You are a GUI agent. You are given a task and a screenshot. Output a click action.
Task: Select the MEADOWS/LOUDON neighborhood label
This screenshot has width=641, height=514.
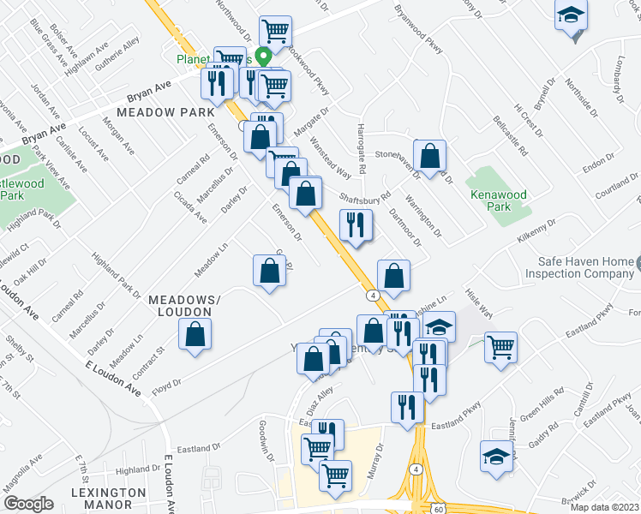(184, 306)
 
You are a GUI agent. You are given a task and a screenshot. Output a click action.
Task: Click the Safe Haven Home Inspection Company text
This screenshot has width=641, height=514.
(584, 269)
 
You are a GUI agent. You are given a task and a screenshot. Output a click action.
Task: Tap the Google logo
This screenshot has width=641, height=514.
(28, 504)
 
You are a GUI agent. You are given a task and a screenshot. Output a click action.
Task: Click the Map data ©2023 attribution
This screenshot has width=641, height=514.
(604, 507)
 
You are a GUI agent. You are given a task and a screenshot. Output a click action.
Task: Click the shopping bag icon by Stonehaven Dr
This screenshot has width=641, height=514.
(431, 157)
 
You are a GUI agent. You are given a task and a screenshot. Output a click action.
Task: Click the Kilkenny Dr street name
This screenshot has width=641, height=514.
(537, 233)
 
